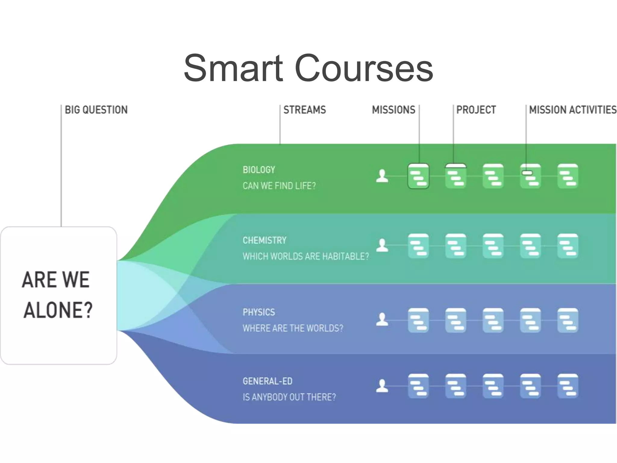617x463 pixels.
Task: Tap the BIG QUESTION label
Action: point(96,110)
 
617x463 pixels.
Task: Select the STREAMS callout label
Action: point(305,110)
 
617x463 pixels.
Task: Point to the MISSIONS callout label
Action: point(393,110)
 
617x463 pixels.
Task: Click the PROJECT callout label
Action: point(476,110)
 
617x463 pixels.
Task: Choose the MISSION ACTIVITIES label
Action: point(573,110)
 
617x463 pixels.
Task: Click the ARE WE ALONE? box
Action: point(58,295)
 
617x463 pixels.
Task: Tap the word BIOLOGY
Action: point(259,170)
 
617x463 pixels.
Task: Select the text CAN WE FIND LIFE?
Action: point(279,186)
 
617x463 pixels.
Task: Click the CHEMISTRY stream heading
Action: point(265,240)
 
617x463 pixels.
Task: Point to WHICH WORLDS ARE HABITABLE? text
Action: point(305,256)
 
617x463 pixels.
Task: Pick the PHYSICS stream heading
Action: point(259,312)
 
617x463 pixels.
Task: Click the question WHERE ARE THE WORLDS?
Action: point(293,328)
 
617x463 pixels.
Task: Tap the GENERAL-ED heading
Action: point(268,381)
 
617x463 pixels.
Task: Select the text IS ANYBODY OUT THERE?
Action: point(289,397)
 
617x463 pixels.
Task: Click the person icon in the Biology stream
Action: point(382,176)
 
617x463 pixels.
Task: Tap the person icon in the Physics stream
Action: point(382,320)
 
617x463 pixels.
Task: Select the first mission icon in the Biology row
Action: point(418,176)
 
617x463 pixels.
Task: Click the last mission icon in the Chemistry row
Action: point(568,246)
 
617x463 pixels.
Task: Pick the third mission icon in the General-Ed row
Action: point(493,386)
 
